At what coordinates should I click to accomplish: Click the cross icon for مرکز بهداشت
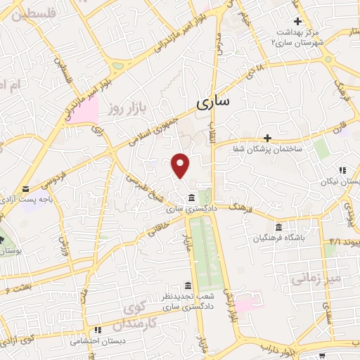point(298,21)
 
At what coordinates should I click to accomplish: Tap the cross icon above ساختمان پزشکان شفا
point(267,137)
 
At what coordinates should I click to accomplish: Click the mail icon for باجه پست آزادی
point(26,188)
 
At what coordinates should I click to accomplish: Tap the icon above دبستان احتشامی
point(98,329)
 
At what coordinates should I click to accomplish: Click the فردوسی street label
point(55,179)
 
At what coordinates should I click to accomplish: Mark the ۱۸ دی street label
point(251,75)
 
